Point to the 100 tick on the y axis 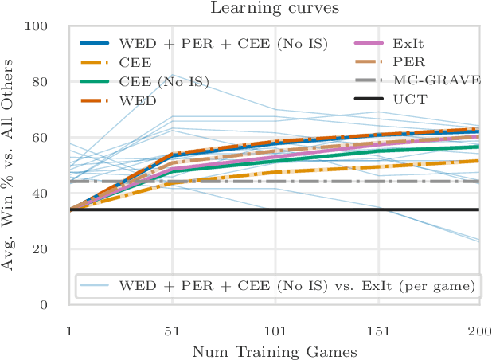coord(53,26)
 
